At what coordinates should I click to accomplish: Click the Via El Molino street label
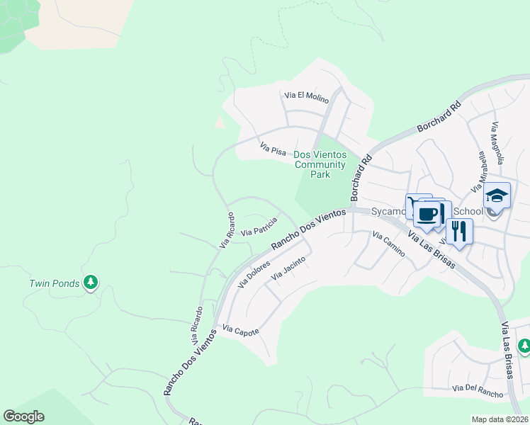306,97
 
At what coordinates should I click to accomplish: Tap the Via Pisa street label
273,149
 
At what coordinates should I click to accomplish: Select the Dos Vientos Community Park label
320,164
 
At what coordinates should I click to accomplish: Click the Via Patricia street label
259,228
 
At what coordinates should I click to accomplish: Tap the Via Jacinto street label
289,269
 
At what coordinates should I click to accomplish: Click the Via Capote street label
241,330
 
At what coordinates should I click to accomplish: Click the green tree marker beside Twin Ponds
90,283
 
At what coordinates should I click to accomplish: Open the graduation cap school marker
497,195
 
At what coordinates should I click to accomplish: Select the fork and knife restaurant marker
459,230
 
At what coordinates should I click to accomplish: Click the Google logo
23,416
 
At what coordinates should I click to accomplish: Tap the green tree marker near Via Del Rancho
524,346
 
